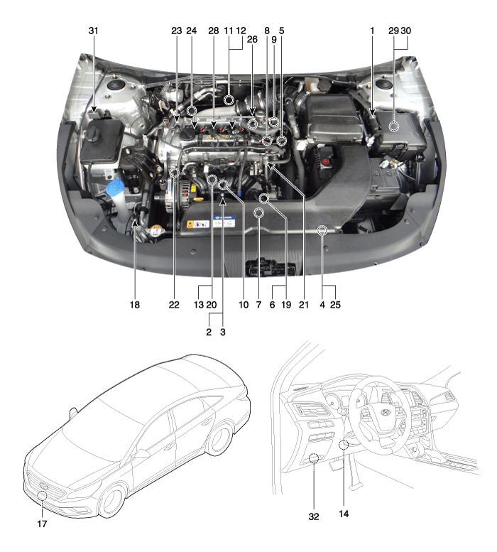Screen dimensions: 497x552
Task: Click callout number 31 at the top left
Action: (x=93, y=31)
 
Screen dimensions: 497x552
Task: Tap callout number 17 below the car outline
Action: (x=42, y=524)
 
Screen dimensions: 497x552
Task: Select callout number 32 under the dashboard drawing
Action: (x=314, y=516)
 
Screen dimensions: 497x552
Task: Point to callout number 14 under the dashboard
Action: (x=344, y=514)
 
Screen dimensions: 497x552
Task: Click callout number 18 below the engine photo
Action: (x=135, y=305)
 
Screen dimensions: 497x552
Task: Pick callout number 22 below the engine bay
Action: (x=174, y=305)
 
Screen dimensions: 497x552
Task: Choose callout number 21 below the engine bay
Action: (x=304, y=305)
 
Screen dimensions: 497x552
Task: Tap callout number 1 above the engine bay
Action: (x=372, y=31)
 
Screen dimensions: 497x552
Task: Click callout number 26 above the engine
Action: (x=252, y=39)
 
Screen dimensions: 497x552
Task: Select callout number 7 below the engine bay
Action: (x=259, y=305)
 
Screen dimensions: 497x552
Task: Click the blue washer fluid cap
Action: (x=115, y=185)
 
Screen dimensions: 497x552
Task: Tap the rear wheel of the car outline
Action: (x=220, y=439)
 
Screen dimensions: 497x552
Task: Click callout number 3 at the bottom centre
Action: (x=223, y=332)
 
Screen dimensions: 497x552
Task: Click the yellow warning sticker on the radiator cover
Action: (x=190, y=224)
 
